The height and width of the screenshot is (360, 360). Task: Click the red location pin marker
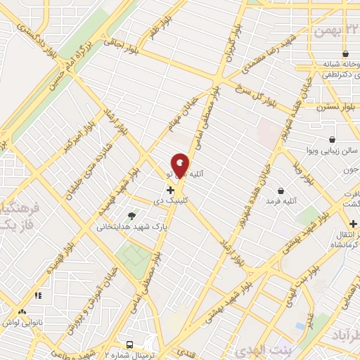pyautogui.click(x=180, y=165)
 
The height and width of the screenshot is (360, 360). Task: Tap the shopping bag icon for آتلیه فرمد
pyautogui.click(x=281, y=191)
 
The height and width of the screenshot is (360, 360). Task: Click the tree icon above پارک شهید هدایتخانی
pyautogui.click(x=131, y=215)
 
